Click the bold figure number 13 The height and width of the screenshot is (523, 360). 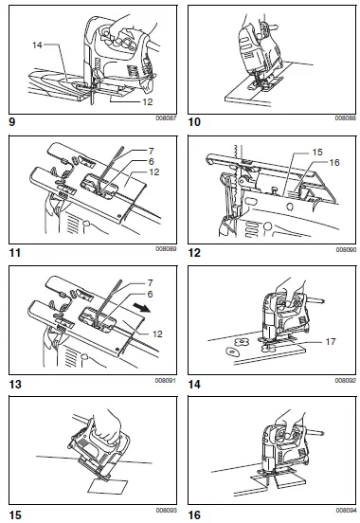pyautogui.click(x=13, y=385)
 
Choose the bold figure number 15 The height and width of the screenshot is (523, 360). pyautogui.click(x=13, y=514)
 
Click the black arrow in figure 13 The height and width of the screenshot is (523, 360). pyautogui.click(x=143, y=308)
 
